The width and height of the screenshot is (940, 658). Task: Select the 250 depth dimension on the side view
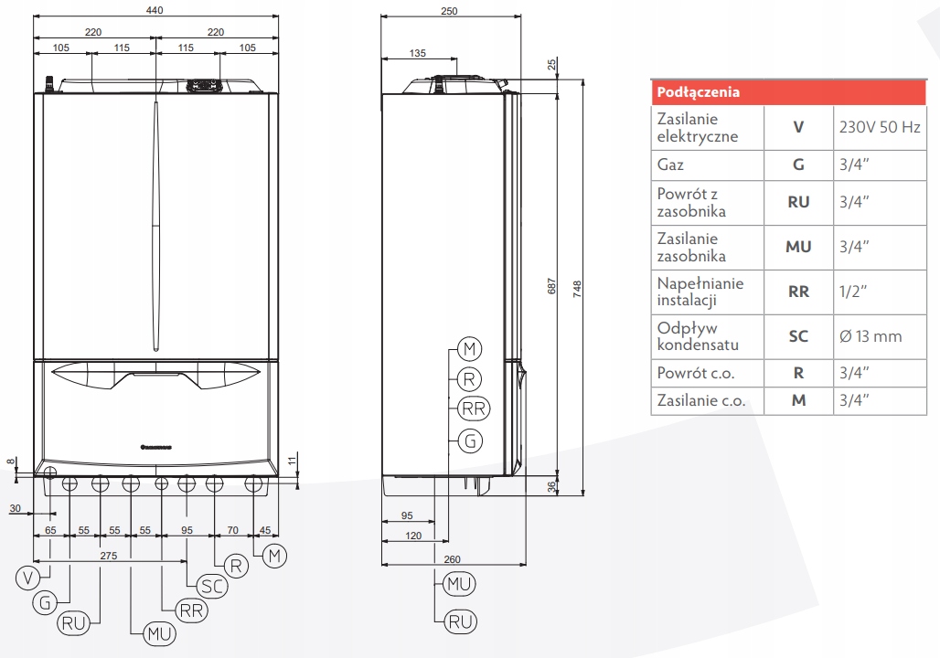(448, 10)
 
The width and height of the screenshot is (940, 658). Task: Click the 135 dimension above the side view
(417, 54)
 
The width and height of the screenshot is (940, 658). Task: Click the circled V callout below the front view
(29, 576)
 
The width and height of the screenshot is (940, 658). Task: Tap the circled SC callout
(213, 586)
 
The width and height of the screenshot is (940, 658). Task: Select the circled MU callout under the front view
(158, 632)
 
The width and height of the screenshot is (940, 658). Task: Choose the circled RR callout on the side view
(472, 409)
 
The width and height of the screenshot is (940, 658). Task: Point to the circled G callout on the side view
(471, 440)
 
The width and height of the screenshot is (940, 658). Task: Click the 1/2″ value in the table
(852, 292)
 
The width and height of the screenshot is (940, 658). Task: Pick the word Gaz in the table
(670, 165)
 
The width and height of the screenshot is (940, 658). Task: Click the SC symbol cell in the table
(798, 336)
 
